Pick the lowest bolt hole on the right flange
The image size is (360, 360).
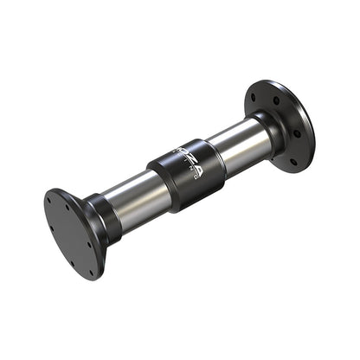click(293, 161)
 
